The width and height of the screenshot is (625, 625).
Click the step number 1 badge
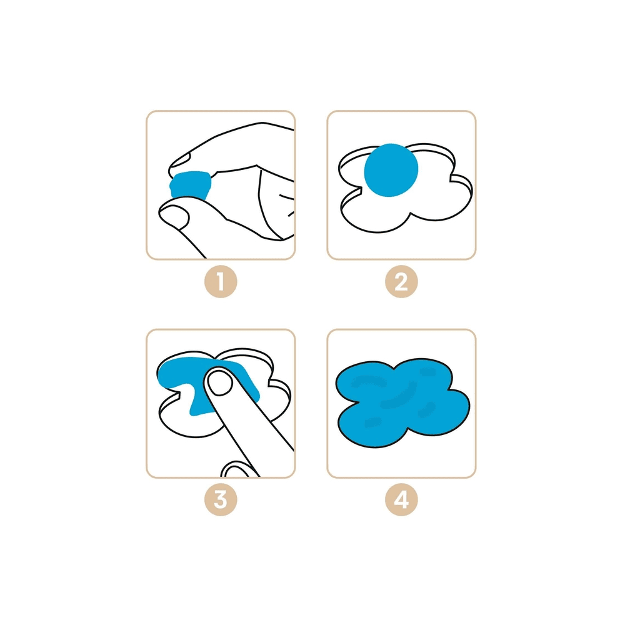221,281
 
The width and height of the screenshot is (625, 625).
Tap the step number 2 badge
401,281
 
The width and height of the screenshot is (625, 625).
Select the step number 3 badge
221,500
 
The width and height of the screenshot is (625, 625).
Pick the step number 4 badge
401,500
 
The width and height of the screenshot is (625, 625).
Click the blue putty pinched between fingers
190,185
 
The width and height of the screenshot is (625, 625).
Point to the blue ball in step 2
391,170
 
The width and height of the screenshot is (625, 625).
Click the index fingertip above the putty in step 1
181,162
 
